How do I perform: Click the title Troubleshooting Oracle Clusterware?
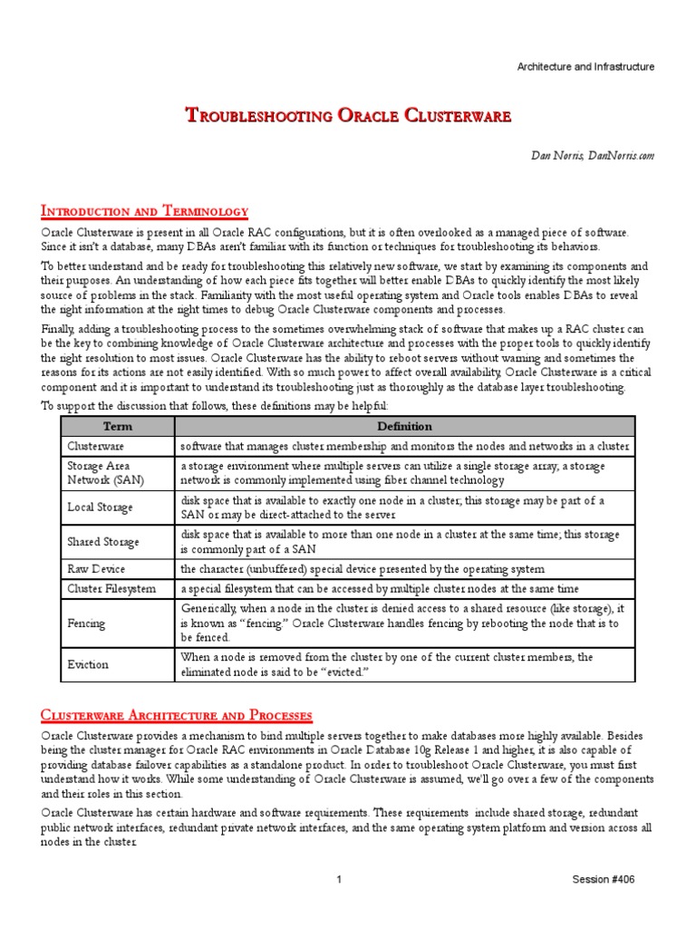348,115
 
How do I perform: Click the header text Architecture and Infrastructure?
585,67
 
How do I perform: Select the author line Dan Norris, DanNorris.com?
592,156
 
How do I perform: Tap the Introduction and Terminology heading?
145,211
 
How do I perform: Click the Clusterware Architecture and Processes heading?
177,715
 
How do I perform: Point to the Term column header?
118,426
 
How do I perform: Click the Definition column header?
404,426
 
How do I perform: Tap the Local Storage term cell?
100,507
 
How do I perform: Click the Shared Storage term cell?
103,542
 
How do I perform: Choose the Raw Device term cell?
96,569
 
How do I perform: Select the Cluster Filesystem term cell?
110,589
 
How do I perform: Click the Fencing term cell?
86,623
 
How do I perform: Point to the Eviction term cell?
88,664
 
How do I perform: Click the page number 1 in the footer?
337,880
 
